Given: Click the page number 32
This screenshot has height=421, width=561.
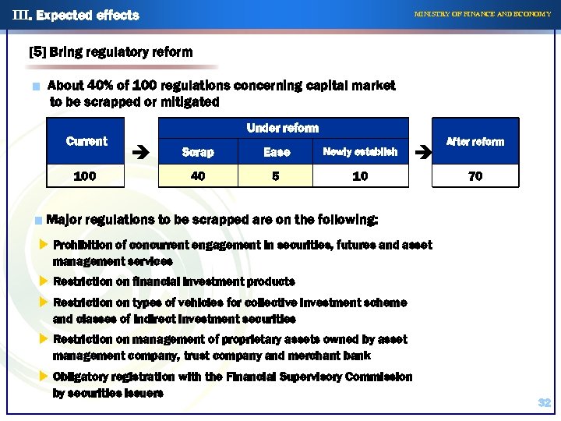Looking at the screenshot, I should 545,402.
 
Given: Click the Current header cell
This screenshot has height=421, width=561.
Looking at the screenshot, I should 86,141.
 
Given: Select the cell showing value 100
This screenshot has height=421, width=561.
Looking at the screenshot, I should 85,176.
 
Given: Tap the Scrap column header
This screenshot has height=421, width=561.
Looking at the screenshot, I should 198,152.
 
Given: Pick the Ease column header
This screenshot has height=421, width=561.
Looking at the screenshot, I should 277,152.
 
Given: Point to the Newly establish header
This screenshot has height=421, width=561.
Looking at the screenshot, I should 360,152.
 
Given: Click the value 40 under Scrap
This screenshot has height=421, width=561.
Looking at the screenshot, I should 198,176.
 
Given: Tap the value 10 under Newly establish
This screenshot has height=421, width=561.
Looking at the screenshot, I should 360,176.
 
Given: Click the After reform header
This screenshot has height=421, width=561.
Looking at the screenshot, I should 475,141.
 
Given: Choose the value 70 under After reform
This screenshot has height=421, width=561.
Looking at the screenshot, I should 475,176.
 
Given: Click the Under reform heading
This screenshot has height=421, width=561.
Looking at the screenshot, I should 282,128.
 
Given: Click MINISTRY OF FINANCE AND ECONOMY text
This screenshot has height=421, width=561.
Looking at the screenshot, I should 482,14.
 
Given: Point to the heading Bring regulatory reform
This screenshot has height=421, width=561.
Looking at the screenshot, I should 110,52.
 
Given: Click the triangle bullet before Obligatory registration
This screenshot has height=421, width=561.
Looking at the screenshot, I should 44,377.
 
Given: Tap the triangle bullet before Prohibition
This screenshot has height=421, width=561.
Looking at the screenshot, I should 44,245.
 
